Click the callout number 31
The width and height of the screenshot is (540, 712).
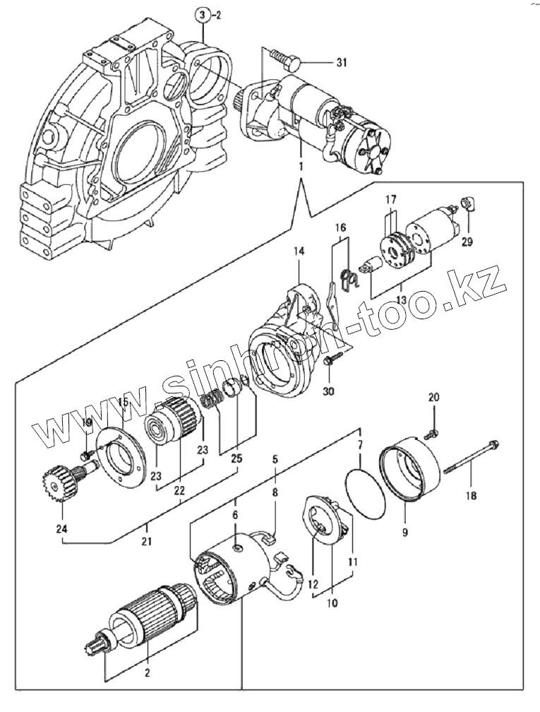(x=342, y=64)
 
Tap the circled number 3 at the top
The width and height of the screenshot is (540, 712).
(x=202, y=15)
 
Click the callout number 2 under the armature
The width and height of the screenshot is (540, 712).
(x=147, y=672)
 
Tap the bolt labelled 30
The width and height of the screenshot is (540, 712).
(x=329, y=361)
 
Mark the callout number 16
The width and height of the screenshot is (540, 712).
(x=341, y=228)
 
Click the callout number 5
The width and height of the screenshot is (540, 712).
(x=275, y=458)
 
